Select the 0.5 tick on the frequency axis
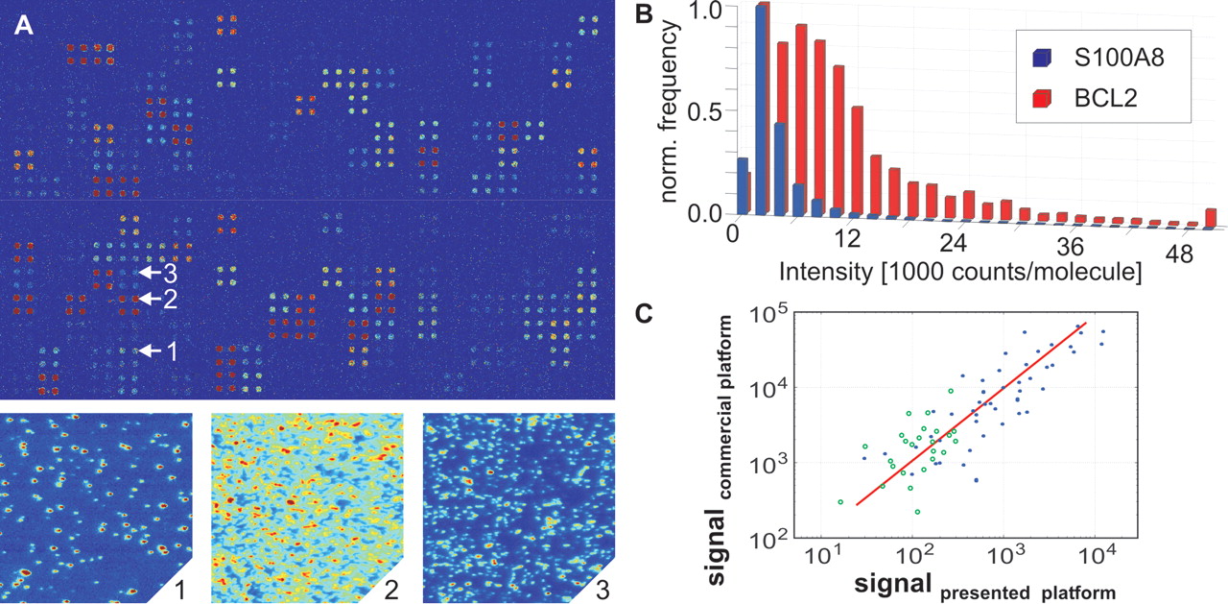[x=713, y=111]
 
